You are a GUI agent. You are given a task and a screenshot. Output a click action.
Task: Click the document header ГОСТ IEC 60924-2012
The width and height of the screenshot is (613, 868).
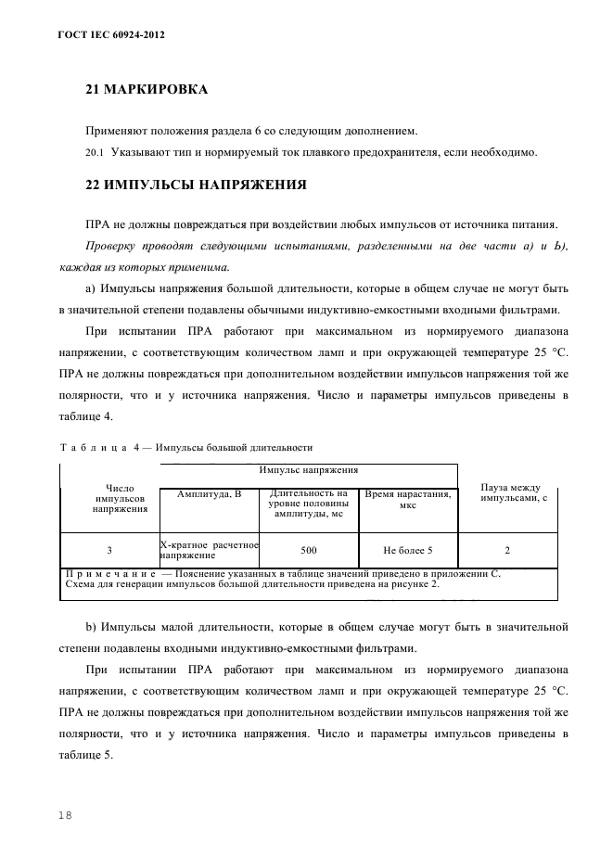click(99, 34)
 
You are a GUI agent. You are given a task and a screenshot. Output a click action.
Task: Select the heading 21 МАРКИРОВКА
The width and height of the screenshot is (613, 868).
click(146, 90)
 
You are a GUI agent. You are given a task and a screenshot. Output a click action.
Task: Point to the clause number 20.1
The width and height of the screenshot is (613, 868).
click(95, 152)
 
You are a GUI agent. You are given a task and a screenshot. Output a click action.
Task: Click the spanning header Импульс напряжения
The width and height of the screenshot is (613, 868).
click(309, 471)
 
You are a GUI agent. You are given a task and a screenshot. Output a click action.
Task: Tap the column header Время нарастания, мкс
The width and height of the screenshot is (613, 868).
click(407, 500)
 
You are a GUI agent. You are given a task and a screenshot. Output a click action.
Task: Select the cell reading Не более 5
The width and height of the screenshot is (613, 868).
click(407, 550)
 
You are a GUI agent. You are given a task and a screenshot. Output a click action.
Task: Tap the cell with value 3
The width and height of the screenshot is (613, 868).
click(109, 550)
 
